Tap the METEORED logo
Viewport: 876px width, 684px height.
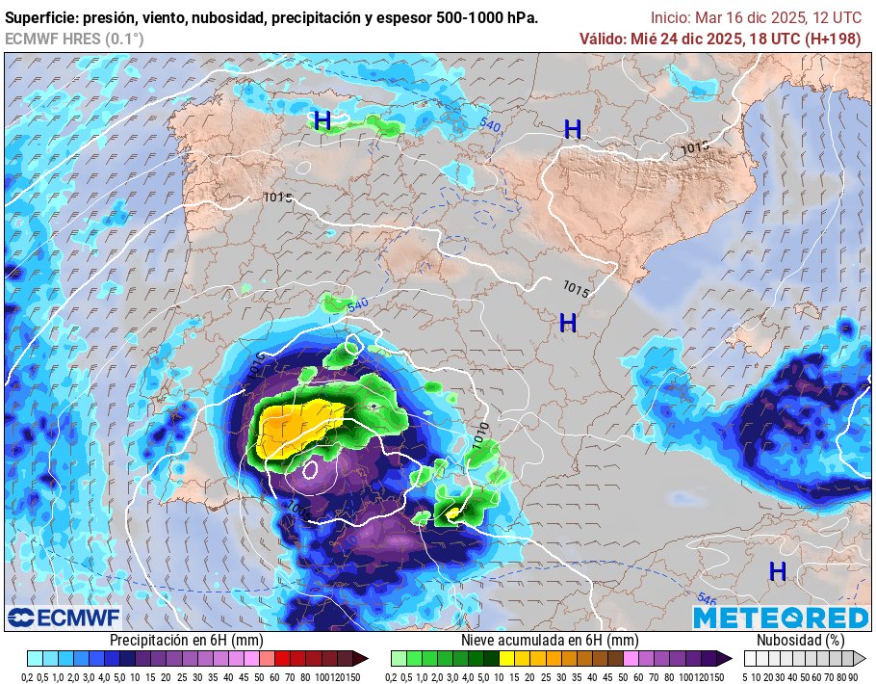(x=781, y=618)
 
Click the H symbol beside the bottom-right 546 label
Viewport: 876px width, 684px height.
(x=778, y=571)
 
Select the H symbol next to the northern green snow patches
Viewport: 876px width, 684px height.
(x=322, y=120)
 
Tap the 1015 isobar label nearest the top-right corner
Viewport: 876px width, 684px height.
(x=694, y=148)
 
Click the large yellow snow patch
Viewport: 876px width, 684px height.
(x=294, y=430)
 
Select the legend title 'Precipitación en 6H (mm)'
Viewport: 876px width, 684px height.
(x=186, y=640)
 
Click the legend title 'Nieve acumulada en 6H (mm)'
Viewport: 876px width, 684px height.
(x=550, y=640)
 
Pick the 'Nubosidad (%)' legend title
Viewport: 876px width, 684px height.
(x=800, y=640)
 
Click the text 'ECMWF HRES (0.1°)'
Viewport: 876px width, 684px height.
(x=74, y=39)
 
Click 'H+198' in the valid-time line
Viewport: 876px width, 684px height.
(x=831, y=39)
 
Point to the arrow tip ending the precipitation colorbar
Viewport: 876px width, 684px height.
(x=363, y=659)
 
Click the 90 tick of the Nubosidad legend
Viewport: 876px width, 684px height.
(x=852, y=676)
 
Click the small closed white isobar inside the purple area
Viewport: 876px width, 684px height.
(x=310, y=469)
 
